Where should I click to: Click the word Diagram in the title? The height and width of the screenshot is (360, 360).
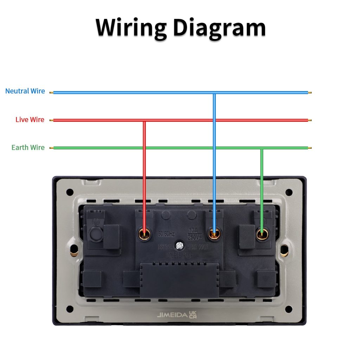[219, 27]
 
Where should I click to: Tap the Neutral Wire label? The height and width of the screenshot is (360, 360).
[25, 91]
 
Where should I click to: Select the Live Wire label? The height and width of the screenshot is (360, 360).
[30, 120]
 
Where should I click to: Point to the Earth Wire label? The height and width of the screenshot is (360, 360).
[28, 147]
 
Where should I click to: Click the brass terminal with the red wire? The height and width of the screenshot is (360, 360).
[144, 233]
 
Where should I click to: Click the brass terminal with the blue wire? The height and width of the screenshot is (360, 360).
[214, 233]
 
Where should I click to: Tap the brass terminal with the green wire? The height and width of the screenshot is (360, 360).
[262, 234]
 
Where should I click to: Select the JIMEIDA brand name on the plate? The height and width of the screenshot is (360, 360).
[172, 315]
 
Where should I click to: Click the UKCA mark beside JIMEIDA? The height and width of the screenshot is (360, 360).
[193, 315]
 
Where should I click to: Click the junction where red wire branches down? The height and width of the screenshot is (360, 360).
[144, 120]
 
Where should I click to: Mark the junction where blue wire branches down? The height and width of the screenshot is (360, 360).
[214, 93]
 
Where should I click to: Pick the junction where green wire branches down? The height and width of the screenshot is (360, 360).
[262, 148]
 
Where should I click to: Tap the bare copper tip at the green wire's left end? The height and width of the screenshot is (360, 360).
[51, 148]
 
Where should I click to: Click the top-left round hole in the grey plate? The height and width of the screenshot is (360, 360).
[70, 192]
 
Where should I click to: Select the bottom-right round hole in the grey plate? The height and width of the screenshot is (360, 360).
[289, 309]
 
